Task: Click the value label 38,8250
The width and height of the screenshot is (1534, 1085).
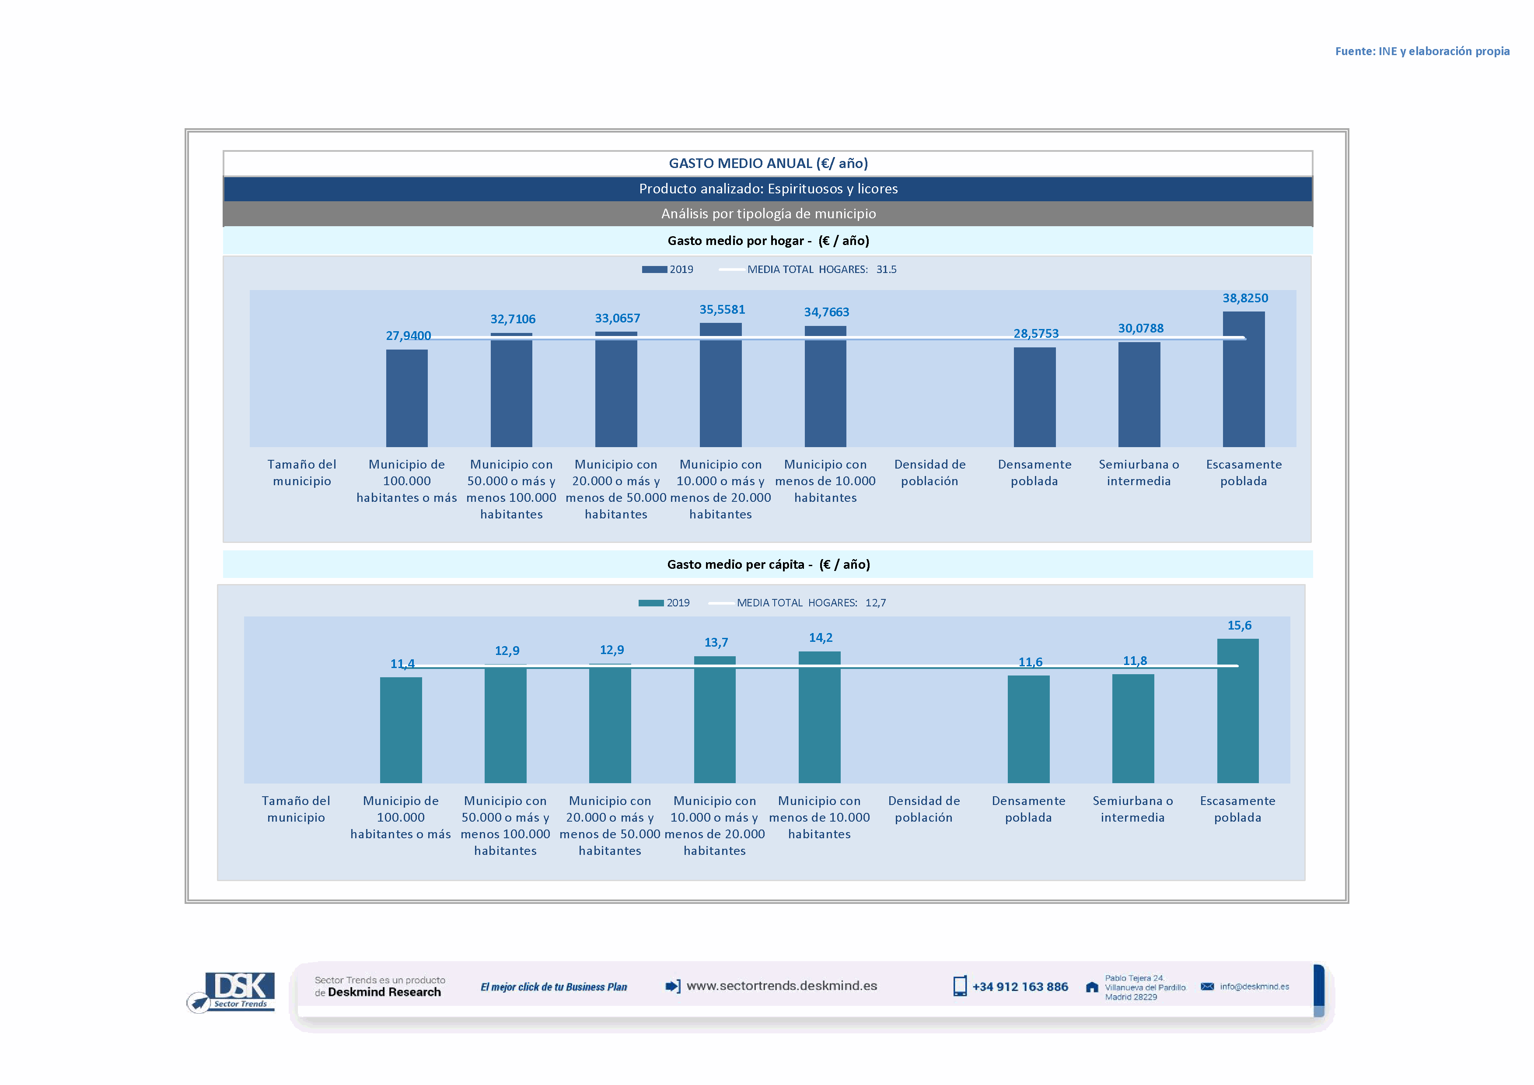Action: tap(1245, 298)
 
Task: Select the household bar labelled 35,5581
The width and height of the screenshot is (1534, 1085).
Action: tap(720, 385)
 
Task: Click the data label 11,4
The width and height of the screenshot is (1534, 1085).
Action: tap(402, 663)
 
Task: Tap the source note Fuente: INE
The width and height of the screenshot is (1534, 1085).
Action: tap(1422, 52)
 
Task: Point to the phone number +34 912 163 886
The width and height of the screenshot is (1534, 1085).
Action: tap(1020, 987)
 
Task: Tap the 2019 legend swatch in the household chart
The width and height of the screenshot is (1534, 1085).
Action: tap(654, 269)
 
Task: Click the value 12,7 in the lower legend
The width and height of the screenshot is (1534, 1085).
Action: tap(875, 602)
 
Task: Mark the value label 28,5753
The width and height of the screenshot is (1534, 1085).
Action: tap(1036, 333)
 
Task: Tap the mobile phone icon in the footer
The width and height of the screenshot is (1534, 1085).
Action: tap(959, 986)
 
